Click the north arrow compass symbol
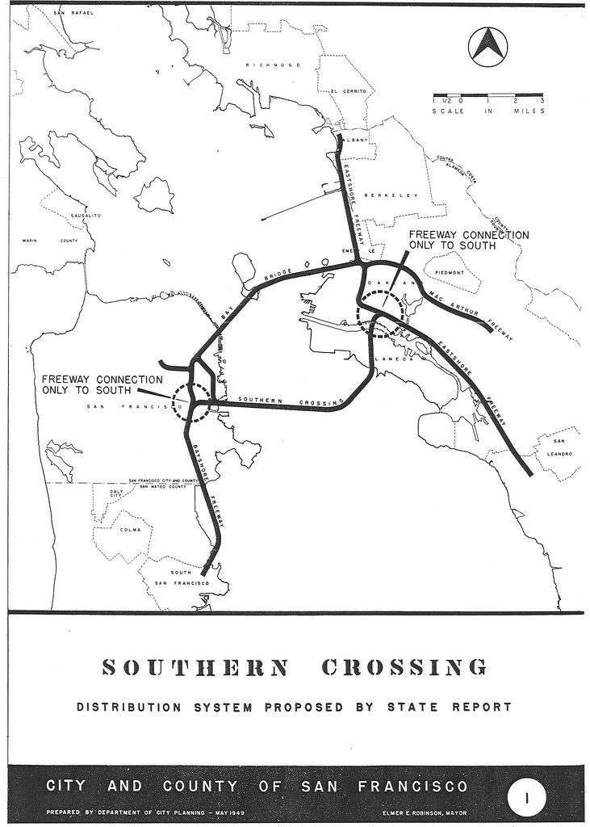[x=488, y=46]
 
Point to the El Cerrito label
[x=348, y=91]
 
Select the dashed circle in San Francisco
[x=192, y=401]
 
